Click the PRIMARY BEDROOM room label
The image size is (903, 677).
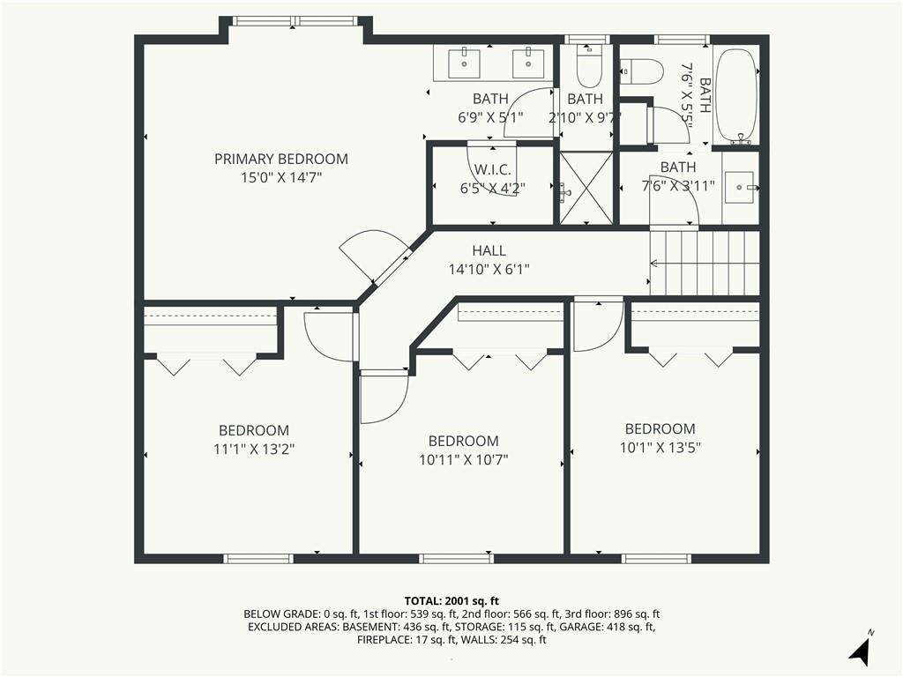(x=281, y=159)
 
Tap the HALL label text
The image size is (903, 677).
(x=489, y=250)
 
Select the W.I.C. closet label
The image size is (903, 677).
(x=493, y=169)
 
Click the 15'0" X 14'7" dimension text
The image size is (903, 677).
(x=281, y=177)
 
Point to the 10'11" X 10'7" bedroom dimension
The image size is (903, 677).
(x=464, y=459)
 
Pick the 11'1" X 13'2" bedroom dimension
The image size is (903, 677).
(x=254, y=449)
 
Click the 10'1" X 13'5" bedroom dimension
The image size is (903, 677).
(x=660, y=447)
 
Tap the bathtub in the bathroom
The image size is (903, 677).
(x=736, y=96)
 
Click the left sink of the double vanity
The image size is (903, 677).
(x=464, y=63)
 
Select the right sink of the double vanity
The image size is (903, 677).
(x=528, y=63)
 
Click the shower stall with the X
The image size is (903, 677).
(x=586, y=188)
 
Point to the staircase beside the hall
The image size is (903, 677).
(x=705, y=263)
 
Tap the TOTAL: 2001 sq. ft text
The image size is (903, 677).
(x=451, y=601)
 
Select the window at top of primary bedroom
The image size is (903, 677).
(x=295, y=21)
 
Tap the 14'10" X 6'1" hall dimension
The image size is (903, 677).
(x=489, y=269)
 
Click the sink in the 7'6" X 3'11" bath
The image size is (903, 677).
(x=739, y=187)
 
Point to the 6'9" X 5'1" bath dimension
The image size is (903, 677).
(x=490, y=117)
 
